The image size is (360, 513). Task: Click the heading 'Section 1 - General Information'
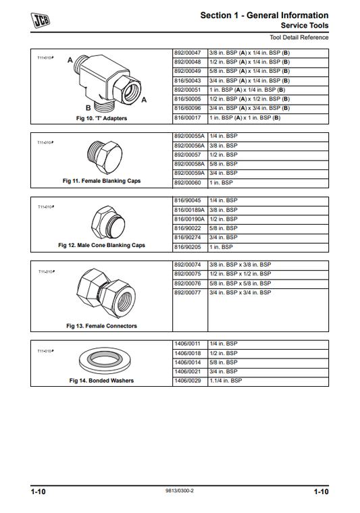click(x=264, y=15)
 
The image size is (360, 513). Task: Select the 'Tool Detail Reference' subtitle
click(x=299, y=37)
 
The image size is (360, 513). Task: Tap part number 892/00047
click(x=189, y=52)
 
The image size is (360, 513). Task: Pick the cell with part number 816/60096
click(x=189, y=108)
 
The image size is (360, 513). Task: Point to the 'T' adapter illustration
click(x=112, y=82)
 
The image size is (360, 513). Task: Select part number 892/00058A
click(x=190, y=164)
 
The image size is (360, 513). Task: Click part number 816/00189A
click(x=190, y=210)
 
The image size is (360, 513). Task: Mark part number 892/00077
click(x=189, y=293)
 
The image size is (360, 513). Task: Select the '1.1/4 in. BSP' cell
click(x=226, y=381)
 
